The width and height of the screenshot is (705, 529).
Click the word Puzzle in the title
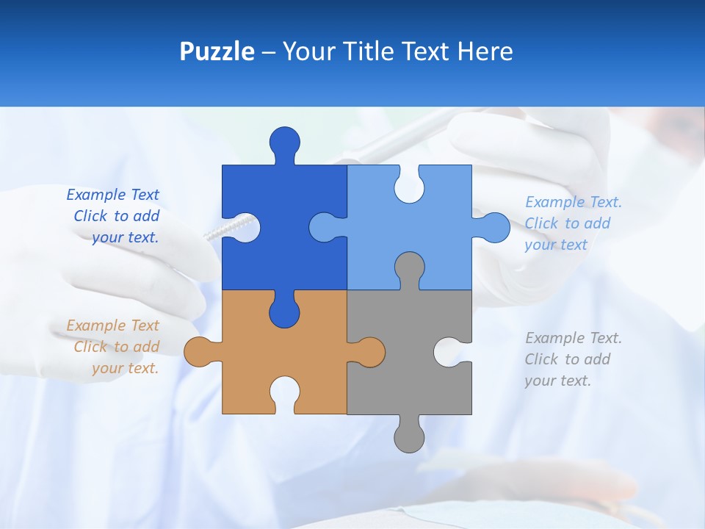point(217,52)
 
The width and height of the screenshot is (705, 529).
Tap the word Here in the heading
point(485,52)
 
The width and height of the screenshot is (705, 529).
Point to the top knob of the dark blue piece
point(285,143)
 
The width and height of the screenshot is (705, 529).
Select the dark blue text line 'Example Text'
point(112,195)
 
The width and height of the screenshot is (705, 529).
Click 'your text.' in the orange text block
point(125,368)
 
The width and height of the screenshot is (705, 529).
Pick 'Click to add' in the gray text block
point(568,359)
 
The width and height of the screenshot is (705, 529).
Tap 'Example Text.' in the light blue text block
point(574,202)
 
